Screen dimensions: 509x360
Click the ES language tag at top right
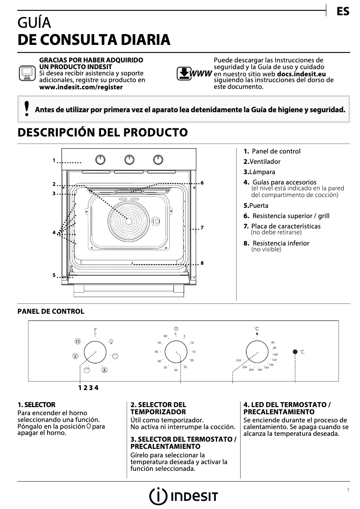click(342, 12)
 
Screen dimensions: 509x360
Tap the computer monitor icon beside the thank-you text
click(26, 73)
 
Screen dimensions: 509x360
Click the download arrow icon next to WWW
click(184, 73)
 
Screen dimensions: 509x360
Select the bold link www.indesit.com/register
click(81, 87)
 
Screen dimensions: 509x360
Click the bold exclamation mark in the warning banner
click(26, 109)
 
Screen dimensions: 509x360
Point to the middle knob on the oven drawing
click(129, 159)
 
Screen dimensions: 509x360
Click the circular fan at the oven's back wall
click(128, 220)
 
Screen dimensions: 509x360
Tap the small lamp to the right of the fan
click(156, 221)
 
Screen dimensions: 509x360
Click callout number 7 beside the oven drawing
click(202, 228)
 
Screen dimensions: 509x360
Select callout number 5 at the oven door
click(53, 275)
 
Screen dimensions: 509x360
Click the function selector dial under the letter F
click(95, 352)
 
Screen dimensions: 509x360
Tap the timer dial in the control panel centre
click(176, 352)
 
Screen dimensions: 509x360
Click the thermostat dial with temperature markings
click(257, 352)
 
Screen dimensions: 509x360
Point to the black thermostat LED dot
click(295, 352)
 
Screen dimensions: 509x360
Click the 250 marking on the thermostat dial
click(239, 360)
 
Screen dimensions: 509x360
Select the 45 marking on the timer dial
click(157, 351)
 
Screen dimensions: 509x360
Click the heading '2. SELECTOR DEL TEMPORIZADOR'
click(158, 408)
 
